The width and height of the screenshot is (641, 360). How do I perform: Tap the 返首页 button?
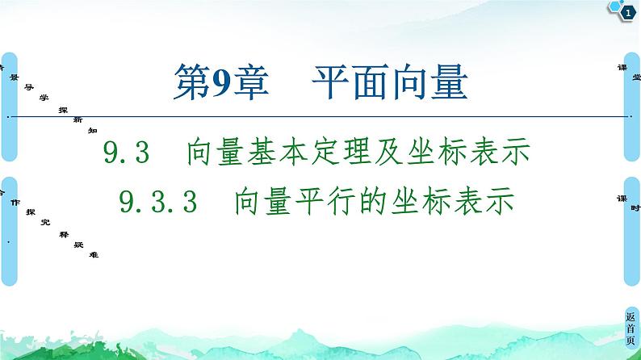pos(630,330)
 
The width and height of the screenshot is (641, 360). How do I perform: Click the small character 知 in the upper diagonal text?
pos(92,129)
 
